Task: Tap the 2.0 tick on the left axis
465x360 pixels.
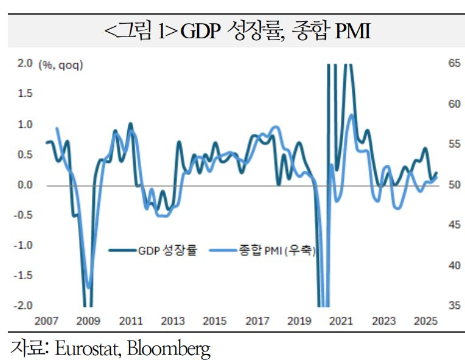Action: coord(25,63)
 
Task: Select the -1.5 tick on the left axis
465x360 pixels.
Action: coord(24,275)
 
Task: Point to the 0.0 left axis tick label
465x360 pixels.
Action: coord(25,184)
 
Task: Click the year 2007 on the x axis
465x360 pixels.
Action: coord(46,320)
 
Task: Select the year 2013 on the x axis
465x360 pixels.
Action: coord(172,320)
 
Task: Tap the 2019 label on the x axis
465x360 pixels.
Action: coord(298,320)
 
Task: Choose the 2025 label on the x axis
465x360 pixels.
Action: coord(425,320)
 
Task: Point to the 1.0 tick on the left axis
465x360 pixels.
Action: coord(25,124)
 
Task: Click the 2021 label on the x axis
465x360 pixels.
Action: coord(341,320)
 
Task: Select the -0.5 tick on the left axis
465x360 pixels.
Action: coord(24,215)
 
